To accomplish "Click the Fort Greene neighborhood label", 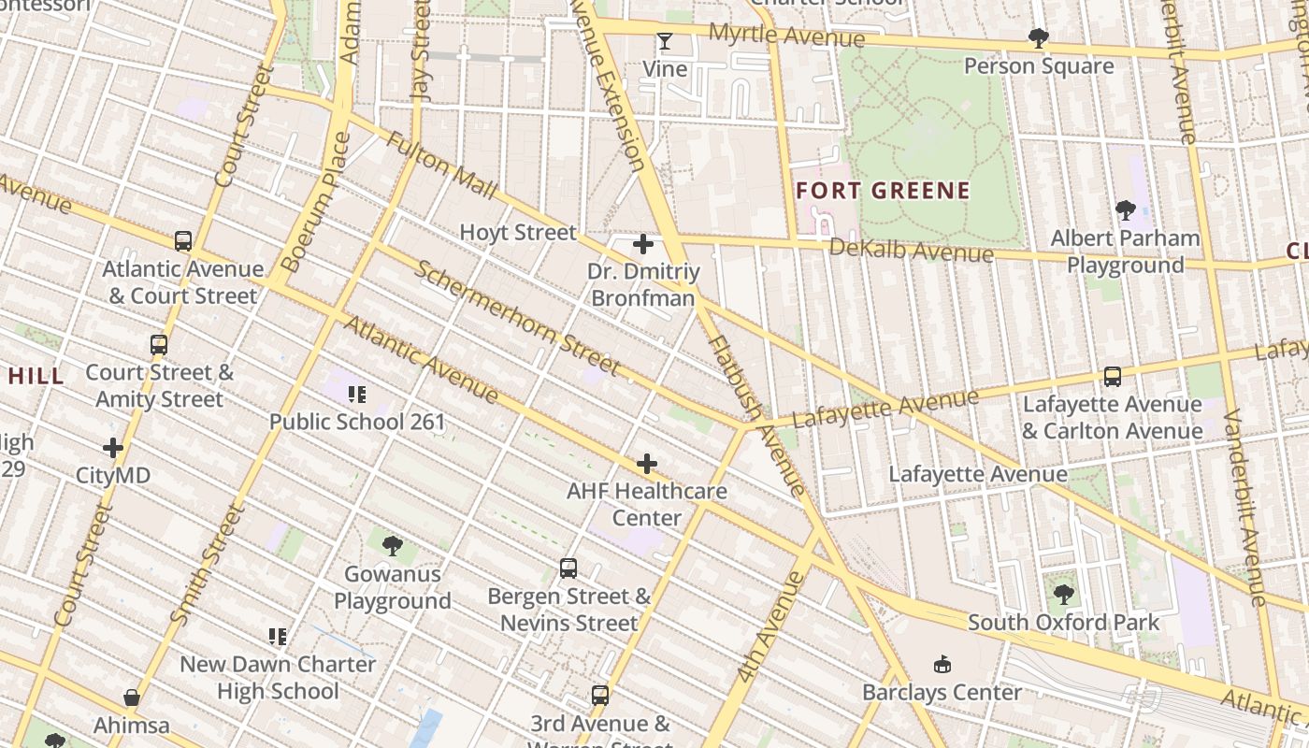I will pyautogui.click(x=883, y=192).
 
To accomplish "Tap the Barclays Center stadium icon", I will pyautogui.click(x=942, y=665).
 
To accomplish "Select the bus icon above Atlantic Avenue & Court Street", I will pyautogui.click(x=183, y=241).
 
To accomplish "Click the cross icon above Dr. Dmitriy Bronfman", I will pyautogui.click(x=643, y=245).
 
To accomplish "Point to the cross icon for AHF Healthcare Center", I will pyautogui.click(x=647, y=464).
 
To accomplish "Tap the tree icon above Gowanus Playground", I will pyautogui.click(x=393, y=546).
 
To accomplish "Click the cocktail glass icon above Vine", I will pyautogui.click(x=665, y=41).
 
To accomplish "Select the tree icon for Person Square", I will pyautogui.click(x=1038, y=38).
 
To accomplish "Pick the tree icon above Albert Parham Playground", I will pyautogui.click(x=1126, y=210).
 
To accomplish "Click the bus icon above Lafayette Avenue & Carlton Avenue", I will pyautogui.click(x=1113, y=377).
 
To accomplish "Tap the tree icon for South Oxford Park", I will pyautogui.click(x=1063, y=595).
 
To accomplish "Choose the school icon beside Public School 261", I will pyautogui.click(x=356, y=395).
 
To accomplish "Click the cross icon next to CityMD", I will pyautogui.click(x=113, y=448).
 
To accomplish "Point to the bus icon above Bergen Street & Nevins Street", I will pyautogui.click(x=568, y=568).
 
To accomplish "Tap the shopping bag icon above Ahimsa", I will pyautogui.click(x=132, y=698).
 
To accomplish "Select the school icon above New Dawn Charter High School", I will pyautogui.click(x=278, y=638).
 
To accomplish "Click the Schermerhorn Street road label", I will pyautogui.click(x=517, y=317).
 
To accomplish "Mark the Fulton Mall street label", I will pyautogui.click(x=441, y=165).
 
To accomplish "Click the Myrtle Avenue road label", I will pyautogui.click(x=786, y=36).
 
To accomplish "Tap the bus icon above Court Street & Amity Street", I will pyautogui.click(x=159, y=345).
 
